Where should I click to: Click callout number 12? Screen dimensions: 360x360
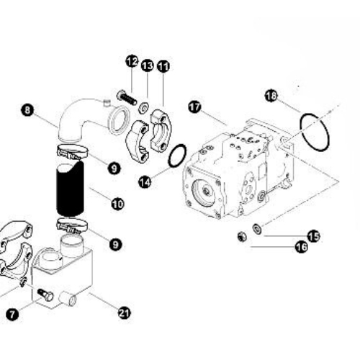click(132, 61)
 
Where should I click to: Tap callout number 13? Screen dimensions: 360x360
click(147, 66)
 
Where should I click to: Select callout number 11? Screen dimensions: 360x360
click(163, 66)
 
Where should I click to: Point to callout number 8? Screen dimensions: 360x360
click(27, 110)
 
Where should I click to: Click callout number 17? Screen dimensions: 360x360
click(194, 107)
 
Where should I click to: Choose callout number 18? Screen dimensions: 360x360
click(271, 96)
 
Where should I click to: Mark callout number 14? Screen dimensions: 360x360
click(145, 181)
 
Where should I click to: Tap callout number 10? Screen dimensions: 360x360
click(117, 204)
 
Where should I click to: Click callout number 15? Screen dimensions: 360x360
click(313, 236)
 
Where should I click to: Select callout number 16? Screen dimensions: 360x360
click(302, 247)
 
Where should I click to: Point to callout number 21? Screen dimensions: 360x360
click(125, 313)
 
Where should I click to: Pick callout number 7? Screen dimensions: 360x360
click(12, 314)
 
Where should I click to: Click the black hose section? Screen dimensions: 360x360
click(70, 189)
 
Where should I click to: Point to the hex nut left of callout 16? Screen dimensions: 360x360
click(242, 237)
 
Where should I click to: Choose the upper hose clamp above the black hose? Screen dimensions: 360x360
click(72, 152)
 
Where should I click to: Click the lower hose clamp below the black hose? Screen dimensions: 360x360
click(72, 226)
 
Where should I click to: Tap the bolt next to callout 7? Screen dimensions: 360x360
click(45, 294)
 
